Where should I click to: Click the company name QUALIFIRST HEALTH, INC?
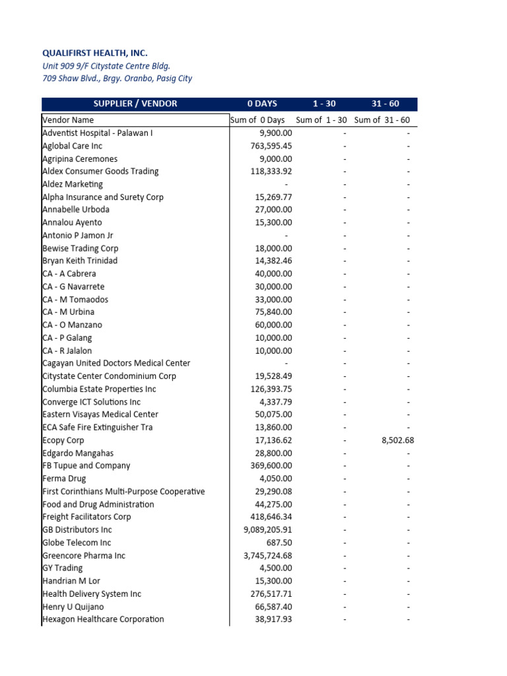[x=95, y=53]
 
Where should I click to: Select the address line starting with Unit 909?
[x=106, y=65]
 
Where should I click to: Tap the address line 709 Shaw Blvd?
[x=117, y=79]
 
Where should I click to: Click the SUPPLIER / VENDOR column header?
[x=135, y=104]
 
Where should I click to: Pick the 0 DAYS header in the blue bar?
[x=262, y=104]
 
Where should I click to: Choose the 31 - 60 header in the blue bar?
[x=385, y=104]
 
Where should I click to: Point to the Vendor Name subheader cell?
[x=68, y=120]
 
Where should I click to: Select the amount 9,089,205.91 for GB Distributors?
[x=268, y=530]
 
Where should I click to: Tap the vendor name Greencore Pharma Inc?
[x=83, y=556]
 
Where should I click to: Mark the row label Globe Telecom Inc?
[x=77, y=543]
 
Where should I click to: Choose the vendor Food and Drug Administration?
[x=98, y=504]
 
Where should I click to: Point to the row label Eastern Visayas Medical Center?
[x=100, y=415]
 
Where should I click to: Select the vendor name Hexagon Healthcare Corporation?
[x=103, y=619]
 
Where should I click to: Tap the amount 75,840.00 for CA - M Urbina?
[x=273, y=312]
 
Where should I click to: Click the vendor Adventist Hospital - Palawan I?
[x=97, y=133]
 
